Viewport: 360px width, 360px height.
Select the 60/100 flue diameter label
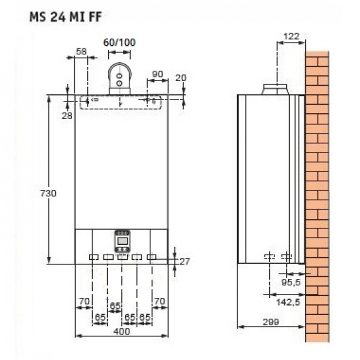120,43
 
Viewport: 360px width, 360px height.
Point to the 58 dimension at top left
82,50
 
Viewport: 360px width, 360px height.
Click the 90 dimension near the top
157,73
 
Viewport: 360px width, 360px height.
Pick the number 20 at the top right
181,78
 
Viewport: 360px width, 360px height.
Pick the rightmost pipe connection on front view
152,257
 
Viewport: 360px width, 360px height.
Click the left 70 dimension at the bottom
83,302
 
